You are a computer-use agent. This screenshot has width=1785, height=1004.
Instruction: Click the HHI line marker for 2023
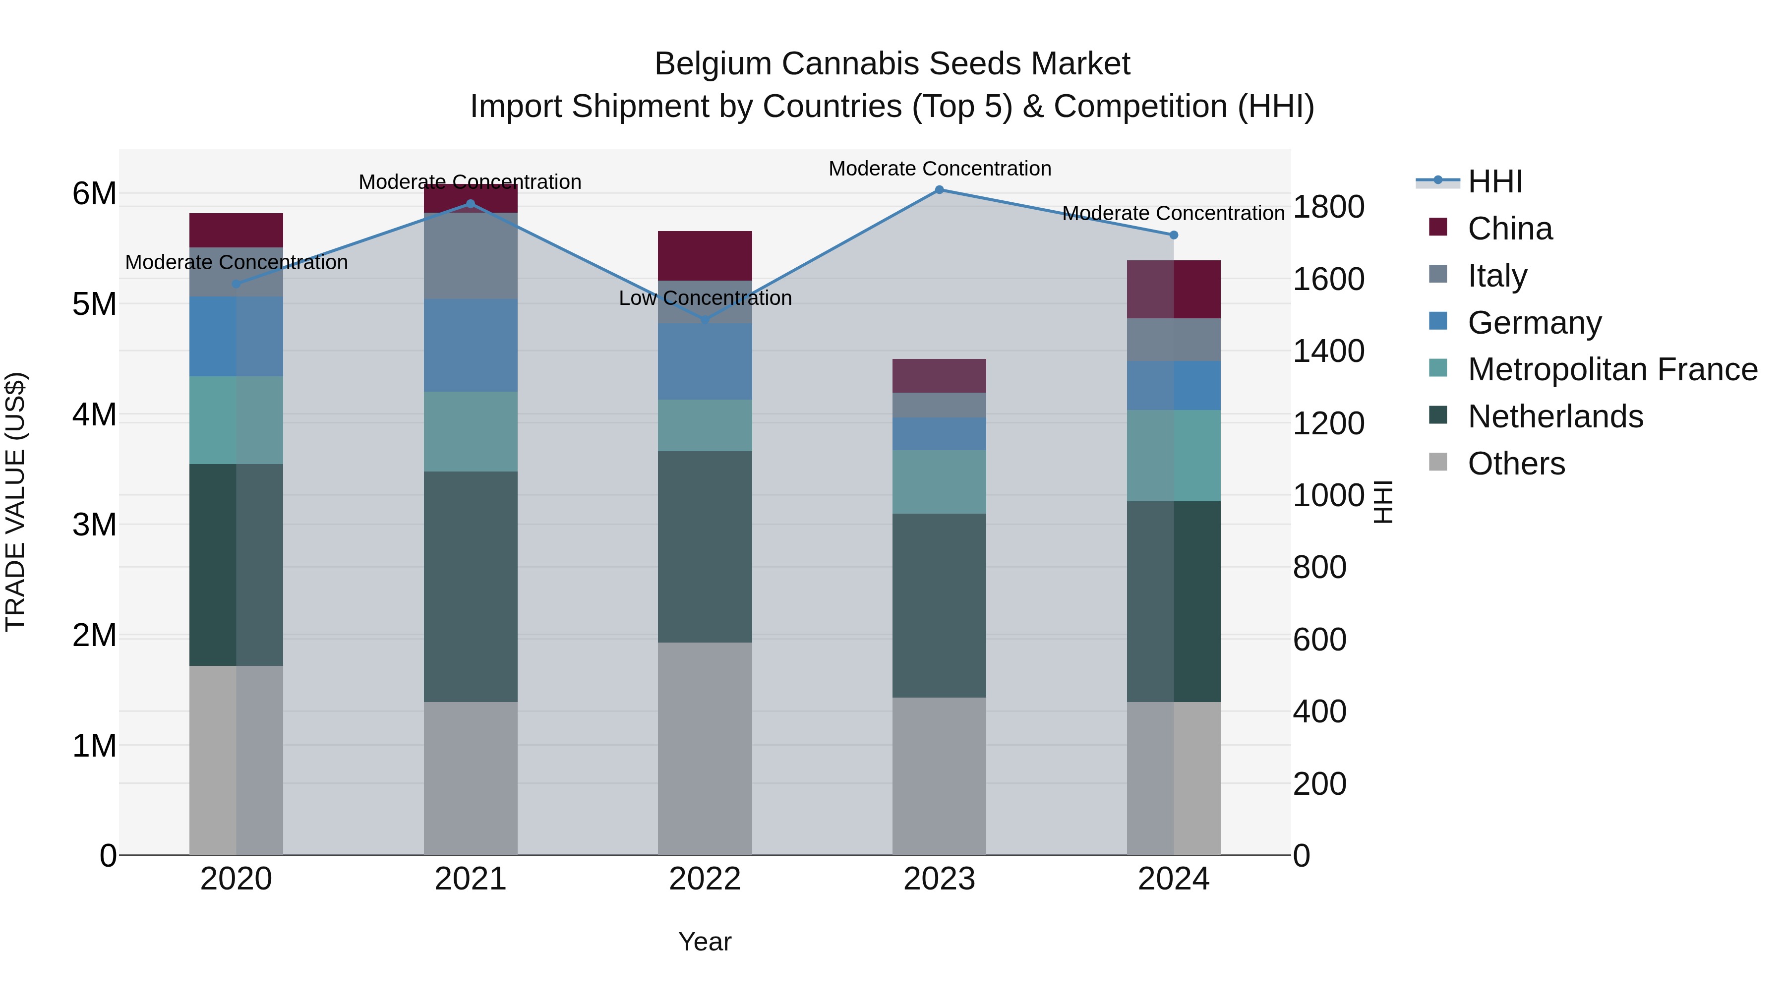[939, 190]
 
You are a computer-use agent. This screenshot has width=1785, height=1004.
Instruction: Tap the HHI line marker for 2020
[237, 284]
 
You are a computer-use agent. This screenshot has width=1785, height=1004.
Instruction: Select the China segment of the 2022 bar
[705, 256]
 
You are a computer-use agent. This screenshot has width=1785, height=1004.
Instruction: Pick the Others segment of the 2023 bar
[939, 776]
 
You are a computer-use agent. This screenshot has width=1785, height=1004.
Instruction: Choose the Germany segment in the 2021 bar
[471, 345]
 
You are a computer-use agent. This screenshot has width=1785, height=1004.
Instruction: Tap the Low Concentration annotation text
[705, 298]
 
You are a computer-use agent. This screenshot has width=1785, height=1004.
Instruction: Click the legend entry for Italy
[1497, 276]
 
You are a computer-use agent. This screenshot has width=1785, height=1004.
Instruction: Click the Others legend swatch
[1438, 462]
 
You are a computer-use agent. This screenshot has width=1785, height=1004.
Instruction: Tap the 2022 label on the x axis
[705, 879]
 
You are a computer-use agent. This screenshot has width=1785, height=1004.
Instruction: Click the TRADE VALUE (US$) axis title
[15, 502]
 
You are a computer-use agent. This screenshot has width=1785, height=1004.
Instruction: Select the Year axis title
[705, 942]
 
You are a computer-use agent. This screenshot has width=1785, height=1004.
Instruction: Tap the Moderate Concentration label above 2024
[1173, 213]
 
